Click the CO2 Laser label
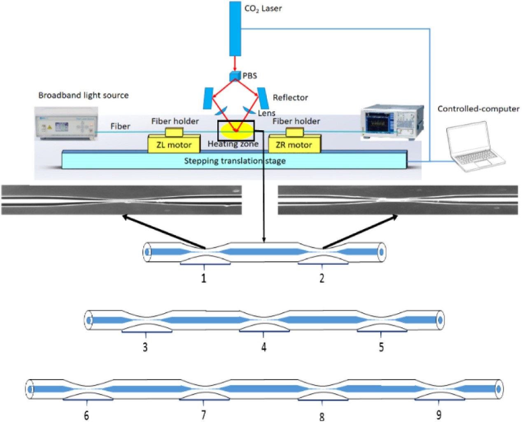263,9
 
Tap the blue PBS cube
235,76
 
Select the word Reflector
290,98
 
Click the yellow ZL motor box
174,145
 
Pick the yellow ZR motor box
294,145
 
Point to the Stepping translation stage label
235,161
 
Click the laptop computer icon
475,146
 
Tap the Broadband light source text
84,95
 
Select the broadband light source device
66,123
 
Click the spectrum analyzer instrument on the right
392,122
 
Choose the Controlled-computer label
478,109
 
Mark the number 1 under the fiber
203,279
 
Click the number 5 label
381,347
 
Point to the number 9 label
439,415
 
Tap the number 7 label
203,415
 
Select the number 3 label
145,347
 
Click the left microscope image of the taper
121,200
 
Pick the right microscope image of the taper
398,200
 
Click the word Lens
266,113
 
